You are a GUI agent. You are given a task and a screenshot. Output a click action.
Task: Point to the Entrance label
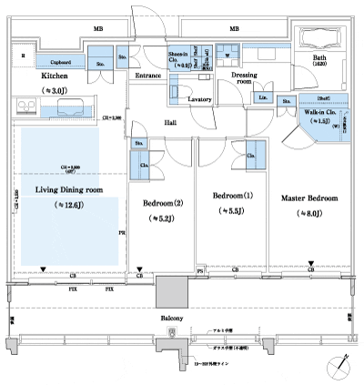click(x=147, y=76)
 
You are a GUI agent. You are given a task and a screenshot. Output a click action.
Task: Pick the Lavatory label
click(x=199, y=98)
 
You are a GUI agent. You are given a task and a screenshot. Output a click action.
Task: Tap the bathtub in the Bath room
click(x=319, y=40)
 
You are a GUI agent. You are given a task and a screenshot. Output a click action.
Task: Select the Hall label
click(x=170, y=121)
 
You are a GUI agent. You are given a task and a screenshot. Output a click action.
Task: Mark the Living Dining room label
click(x=69, y=189)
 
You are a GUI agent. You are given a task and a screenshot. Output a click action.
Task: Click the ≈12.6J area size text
click(x=69, y=207)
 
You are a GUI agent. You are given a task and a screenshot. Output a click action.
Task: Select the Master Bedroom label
click(x=308, y=198)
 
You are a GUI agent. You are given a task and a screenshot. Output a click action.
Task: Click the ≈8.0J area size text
click(x=308, y=215)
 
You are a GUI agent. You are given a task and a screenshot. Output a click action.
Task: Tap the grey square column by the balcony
click(x=171, y=291)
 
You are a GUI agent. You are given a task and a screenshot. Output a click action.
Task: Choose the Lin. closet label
click(x=262, y=97)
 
